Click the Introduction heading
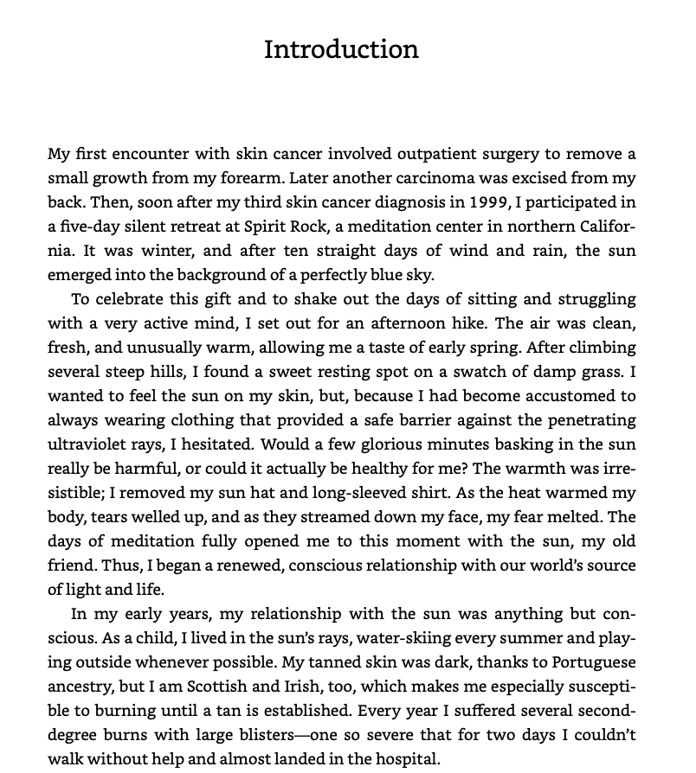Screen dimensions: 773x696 point(341,49)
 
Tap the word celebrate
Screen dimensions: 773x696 point(131,299)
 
